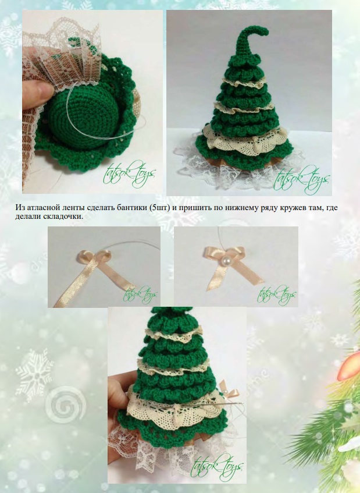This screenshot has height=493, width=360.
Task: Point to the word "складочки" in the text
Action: pos(65,217)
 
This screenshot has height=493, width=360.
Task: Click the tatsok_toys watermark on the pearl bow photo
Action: pos(276,295)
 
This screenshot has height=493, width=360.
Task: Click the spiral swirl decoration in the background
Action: pos(65,405)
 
